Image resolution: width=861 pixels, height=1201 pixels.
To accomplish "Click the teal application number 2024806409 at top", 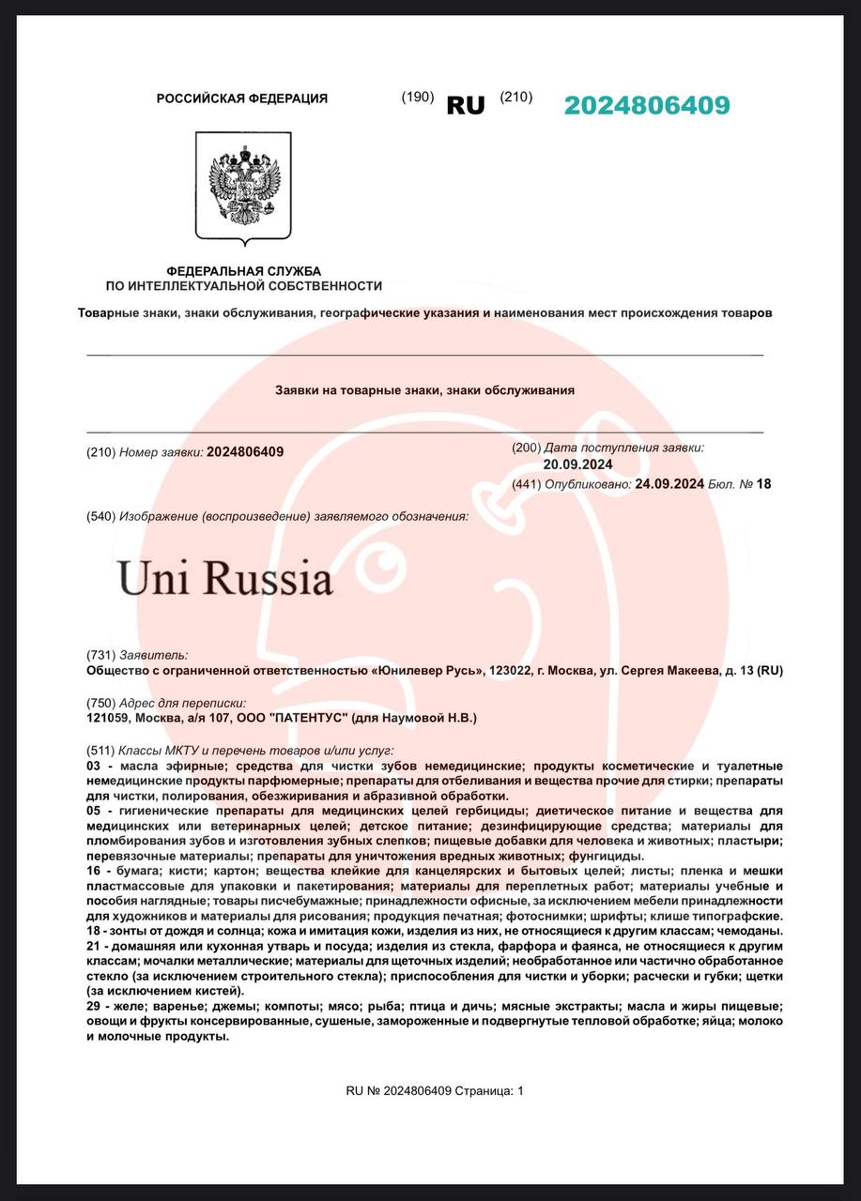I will (647, 105).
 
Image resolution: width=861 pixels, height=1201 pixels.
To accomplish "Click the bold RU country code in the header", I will (466, 106).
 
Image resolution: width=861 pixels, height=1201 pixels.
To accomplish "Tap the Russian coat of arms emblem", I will (243, 186).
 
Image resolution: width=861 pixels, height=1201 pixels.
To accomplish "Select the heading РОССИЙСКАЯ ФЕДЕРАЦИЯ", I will (242, 99).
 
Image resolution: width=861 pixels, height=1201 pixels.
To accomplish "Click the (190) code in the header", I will (417, 97).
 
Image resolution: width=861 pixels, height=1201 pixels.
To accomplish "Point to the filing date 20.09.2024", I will (577, 464).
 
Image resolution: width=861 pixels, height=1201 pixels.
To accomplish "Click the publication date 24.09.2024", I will (669, 484).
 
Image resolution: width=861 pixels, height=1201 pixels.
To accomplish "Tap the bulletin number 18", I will (763, 484).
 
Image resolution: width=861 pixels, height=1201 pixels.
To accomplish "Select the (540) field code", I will (100, 516).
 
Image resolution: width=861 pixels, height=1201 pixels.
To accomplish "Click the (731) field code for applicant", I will (100, 655).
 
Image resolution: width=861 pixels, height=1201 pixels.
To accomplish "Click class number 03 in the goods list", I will (93, 767).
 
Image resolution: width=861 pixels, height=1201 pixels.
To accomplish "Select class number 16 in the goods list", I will (93, 872).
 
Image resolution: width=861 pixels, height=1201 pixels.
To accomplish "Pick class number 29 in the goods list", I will (93, 1006).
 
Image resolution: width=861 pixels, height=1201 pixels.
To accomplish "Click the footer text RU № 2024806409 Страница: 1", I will (435, 1090).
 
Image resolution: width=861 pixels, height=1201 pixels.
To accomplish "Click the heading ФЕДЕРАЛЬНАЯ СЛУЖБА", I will (243, 271).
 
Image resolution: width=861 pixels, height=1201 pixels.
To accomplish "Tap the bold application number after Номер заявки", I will (245, 452).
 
